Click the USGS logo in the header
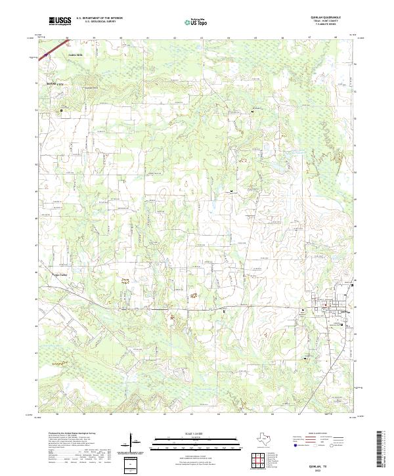tap(60, 20)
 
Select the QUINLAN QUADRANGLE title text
tap(334, 17)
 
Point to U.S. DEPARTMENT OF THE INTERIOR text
tap(99, 18)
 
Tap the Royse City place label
tap(49, 85)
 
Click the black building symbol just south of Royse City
tap(62, 111)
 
